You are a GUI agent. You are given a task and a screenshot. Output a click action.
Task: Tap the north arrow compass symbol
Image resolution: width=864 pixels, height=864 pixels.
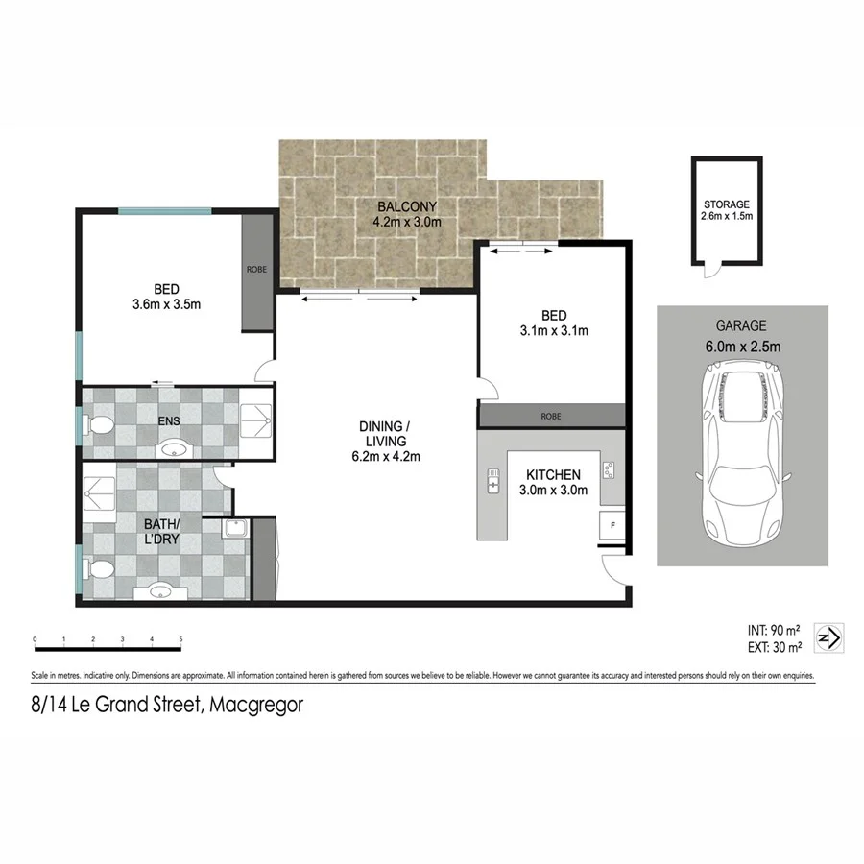pyautogui.click(x=828, y=637)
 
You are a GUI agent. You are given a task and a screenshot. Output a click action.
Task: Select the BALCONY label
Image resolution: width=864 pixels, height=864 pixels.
pyautogui.click(x=407, y=206)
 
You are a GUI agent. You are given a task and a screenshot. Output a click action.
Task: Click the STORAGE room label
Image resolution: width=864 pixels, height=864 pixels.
pyautogui.click(x=726, y=204)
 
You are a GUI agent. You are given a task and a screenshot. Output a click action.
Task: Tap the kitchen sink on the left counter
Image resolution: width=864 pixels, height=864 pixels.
pyautogui.click(x=493, y=480)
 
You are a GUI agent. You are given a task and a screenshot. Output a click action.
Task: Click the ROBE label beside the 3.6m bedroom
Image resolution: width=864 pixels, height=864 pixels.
pyautogui.click(x=256, y=271)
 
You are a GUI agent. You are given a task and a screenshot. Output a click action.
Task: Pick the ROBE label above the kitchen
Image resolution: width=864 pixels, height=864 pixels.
pyautogui.click(x=552, y=417)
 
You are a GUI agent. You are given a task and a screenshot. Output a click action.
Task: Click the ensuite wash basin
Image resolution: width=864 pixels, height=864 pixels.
pyautogui.click(x=174, y=447)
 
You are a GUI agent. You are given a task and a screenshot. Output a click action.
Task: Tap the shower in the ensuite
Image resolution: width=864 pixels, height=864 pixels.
pyautogui.click(x=255, y=415)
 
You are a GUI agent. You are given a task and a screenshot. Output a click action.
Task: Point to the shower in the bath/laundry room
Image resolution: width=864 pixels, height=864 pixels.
pyautogui.click(x=102, y=492)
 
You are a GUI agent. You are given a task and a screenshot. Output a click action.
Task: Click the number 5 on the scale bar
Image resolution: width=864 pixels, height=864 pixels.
pyautogui.click(x=180, y=639)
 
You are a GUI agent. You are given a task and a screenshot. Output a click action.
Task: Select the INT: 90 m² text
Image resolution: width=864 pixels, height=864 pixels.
pyautogui.click(x=774, y=631)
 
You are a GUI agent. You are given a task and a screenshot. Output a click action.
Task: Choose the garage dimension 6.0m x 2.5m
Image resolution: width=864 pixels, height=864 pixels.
pyautogui.click(x=741, y=347)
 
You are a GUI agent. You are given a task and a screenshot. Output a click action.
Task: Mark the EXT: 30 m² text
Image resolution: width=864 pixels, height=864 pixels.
pyautogui.click(x=774, y=646)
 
